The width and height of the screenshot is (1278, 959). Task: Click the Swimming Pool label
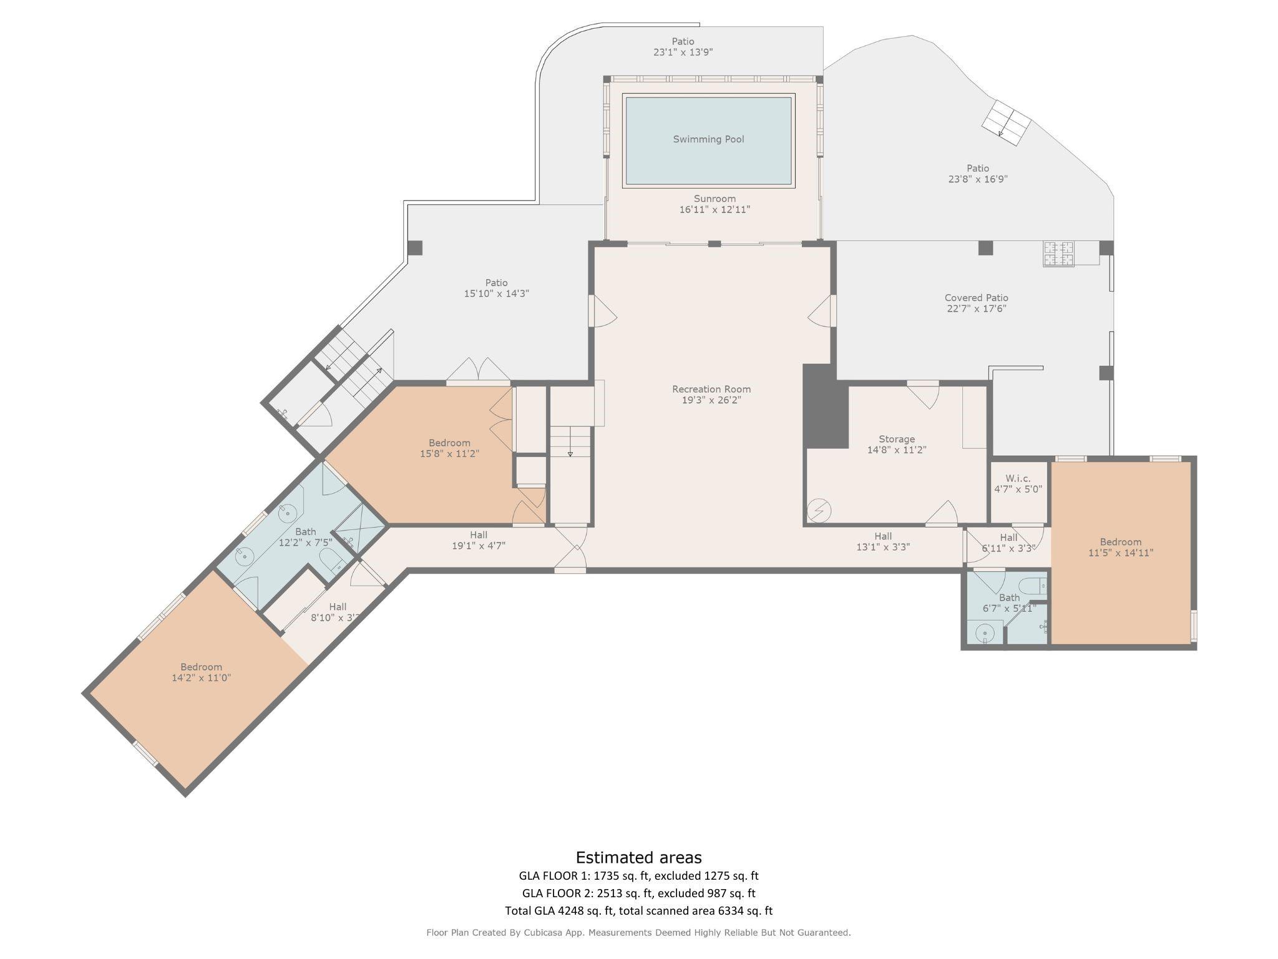pos(708,139)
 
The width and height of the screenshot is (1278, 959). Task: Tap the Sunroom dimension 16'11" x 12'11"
pos(715,210)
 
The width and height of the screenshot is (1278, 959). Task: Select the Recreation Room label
pos(711,389)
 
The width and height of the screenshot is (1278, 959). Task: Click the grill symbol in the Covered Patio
pos(1058,254)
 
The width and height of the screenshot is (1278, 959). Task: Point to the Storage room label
pos(897,439)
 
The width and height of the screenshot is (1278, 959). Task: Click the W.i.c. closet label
pos(1018,478)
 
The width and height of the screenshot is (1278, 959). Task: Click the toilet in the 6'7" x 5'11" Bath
pos(1033,586)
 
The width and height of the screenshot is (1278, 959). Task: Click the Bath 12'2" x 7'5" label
pos(305,537)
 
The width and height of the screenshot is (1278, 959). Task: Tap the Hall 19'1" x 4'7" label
pos(479,540)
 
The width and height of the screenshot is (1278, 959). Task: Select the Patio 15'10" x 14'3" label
pos(497,288)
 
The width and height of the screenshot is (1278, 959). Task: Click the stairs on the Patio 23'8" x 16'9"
pos(1005,123)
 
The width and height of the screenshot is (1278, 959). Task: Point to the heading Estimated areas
pos(638,857)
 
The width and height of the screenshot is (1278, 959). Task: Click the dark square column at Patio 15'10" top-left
pos(415,248)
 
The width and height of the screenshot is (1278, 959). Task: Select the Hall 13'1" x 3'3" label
pos(883,541)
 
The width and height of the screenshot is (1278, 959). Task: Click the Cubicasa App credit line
pos(638,932)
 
